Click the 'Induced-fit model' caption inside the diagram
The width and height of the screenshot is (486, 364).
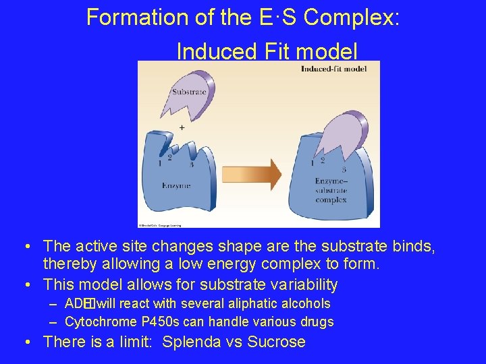point(333,69)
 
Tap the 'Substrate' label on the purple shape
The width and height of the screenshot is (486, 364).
point(188,92)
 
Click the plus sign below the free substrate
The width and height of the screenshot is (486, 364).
point(182,127)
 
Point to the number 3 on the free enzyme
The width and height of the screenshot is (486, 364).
point(191,164)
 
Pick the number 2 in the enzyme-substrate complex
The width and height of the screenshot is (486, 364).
point(323,160)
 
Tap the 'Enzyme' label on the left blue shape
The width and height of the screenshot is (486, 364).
point(175,185)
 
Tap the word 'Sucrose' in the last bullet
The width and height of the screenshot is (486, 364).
point(277,342)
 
